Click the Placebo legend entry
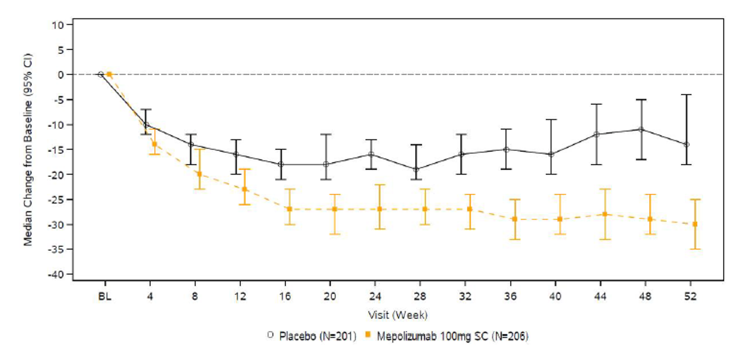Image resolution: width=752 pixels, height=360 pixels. pos(311,337)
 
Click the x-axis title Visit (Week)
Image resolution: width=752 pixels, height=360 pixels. pos(398,314)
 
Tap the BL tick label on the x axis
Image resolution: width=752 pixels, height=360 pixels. pos(105,297)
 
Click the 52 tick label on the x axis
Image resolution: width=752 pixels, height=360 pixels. pos(690,297)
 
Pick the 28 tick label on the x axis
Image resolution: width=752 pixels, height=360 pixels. pos(420,297)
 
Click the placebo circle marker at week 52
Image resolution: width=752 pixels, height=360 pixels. pos(687,145)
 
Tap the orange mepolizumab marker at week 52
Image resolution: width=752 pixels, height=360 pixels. pos(694,224)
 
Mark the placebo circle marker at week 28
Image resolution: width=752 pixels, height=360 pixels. pos(416,170)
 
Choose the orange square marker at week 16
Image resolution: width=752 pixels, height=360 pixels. pos(289,209)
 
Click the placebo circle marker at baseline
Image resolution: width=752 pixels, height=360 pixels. pos(101,74)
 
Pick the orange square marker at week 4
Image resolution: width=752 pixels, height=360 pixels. pos(154,144)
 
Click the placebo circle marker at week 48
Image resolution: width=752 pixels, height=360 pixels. pos(641,129)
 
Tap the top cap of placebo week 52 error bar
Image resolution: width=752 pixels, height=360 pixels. pos(687,94)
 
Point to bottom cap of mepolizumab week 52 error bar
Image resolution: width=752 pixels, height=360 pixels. pos(694,249)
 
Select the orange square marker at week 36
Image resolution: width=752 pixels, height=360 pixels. pos(515,219)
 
